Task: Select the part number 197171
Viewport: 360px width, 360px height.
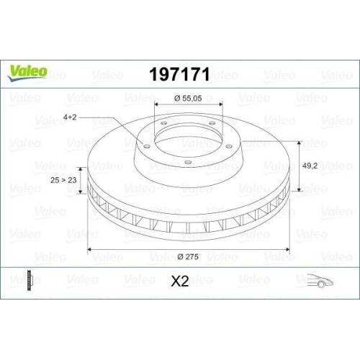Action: (x=179, y=73)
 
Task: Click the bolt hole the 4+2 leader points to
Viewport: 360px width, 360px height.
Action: (x=145, y=146)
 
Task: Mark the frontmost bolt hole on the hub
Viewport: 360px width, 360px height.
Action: (x=186, y=162)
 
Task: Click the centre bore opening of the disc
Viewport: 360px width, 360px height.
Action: (x=186, y=137)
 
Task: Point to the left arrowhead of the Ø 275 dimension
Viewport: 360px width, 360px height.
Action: (x=90, y=250)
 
